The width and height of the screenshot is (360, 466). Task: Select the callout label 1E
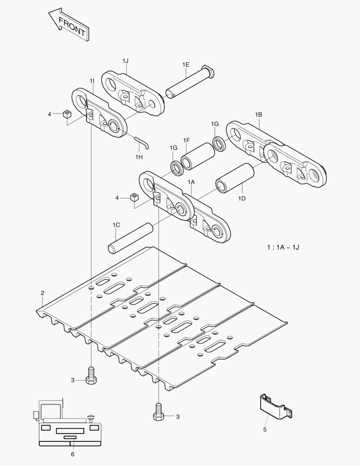tap(185, 64)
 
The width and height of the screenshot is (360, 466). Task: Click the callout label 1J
tap(125, 61)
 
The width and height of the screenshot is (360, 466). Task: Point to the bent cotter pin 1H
tap(141, 142)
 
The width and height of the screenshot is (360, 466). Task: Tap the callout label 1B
tap(258, 114)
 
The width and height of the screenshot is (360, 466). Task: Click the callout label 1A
tap(191, 182)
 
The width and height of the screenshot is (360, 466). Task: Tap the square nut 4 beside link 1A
tap(134, 198)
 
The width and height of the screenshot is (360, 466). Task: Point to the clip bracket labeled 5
tap(273, 406)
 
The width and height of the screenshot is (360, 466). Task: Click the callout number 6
tap(72, 454)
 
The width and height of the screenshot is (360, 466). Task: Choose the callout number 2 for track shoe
tap(42, 293)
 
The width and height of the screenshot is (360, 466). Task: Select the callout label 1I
tap(92, 81)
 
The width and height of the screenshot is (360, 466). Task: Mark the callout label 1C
tap(116, 225)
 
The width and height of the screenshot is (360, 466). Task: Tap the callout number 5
tap(265, 429)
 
